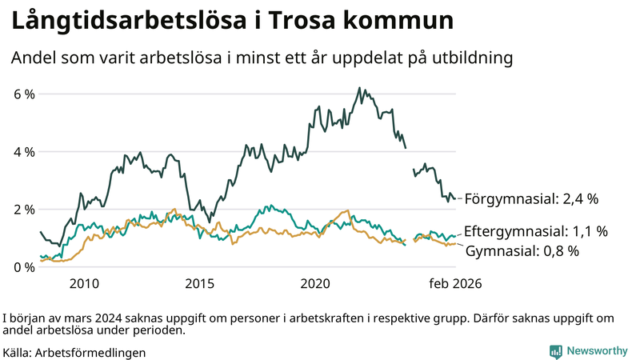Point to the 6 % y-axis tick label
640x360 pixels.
tap(24, 94)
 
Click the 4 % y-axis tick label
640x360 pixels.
tap(24, 151)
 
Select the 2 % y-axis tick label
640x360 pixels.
tap(24, 210)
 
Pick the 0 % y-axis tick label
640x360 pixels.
tap(24, 267)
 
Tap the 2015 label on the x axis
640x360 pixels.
tap(199, 283)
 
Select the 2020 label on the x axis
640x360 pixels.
tap(315, 283)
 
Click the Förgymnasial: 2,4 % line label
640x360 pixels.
tap(531, 198)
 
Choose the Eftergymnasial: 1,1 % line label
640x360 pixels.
tap(535, 231)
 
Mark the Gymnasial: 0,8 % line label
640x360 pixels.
tap(522, 251)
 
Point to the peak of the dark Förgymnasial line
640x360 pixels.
tap(359, 88)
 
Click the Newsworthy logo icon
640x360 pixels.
tap(555, 351)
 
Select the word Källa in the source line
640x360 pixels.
tap(18, 352)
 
